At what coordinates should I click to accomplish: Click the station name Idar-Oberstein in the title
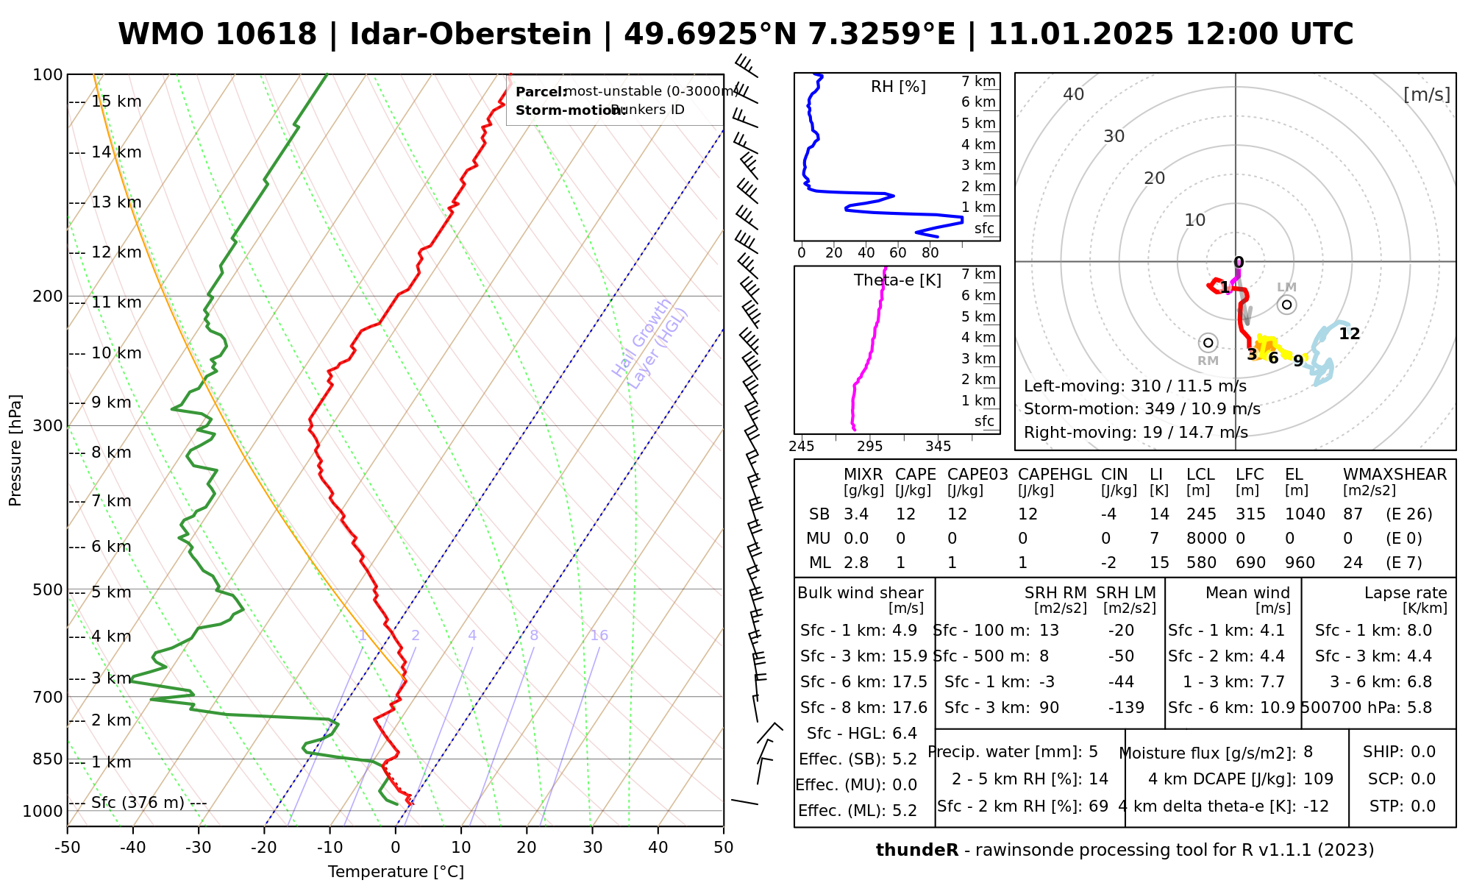[471, 35]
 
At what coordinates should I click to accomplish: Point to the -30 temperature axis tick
[199, 848]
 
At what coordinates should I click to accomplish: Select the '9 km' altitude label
[111, 403]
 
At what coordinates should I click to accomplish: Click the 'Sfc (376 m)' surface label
[138, 802]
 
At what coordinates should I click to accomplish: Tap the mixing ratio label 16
[599, 636]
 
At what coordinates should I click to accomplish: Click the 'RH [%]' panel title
[898, 87]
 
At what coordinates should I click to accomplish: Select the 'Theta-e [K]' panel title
[897, 280]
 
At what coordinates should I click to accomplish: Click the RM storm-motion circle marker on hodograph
[1208, 343]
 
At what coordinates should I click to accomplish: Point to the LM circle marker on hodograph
[1286, 304]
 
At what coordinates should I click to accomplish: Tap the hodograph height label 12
[1349, 334]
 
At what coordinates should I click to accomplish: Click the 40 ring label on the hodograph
[1074, 94]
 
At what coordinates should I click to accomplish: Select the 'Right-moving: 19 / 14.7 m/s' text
[1136, 432]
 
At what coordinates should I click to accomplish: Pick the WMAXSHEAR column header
[1395, 475]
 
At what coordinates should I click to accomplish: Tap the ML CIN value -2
[1108, 563]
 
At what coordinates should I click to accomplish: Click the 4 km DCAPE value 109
[1318, 779]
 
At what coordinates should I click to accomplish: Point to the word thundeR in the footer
[916, 851]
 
